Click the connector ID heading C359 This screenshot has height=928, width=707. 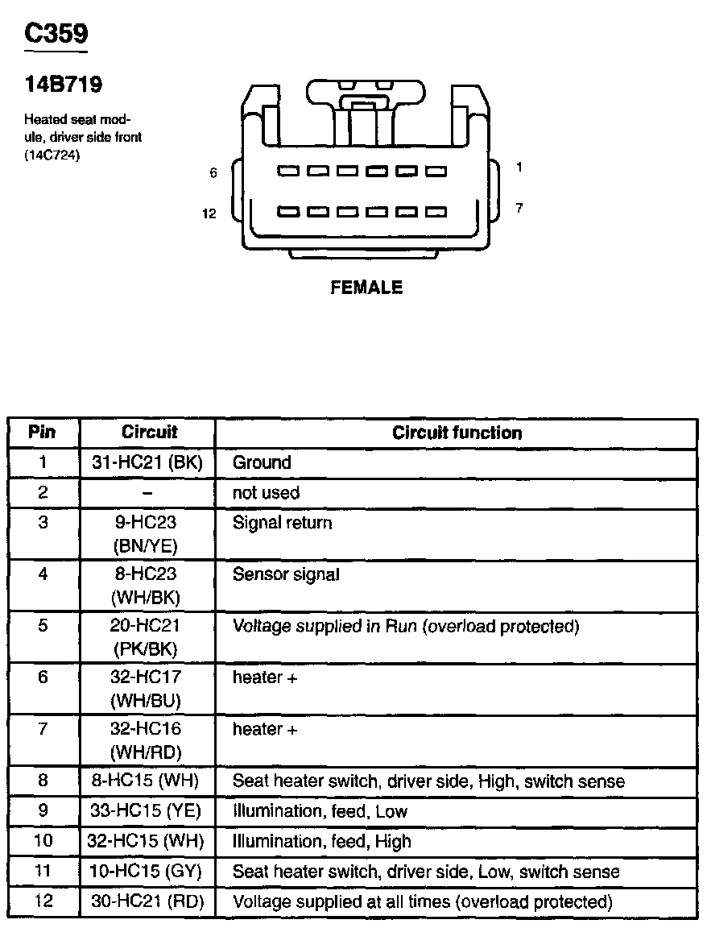point(56,34)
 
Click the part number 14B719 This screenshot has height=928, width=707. point(64,84)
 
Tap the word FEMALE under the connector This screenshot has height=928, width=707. point(366,288)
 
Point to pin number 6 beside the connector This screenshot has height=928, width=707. point(213,172)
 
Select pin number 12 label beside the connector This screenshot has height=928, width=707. point(209,213)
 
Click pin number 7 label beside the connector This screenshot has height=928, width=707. point(519,208)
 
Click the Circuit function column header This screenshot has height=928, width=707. point(457,433)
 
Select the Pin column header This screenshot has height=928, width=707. point(42,432)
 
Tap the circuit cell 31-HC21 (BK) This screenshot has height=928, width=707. point(148,462)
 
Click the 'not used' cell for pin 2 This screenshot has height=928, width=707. point(266,492)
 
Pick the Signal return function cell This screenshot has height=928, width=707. point(282,523)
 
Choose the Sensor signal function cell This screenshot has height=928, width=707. point(286,574)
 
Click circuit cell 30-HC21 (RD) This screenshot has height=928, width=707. point(148,901)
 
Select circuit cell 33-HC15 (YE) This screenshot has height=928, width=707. point(148,811)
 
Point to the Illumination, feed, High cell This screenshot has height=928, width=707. point(321,842)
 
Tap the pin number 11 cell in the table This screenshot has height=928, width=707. point(43,871)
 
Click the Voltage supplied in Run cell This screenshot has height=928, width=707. point(405,626)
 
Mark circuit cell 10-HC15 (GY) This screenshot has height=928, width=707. point(148,871)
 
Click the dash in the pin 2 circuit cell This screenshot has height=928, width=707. point(148,492)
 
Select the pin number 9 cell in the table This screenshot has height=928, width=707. point(43,811)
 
